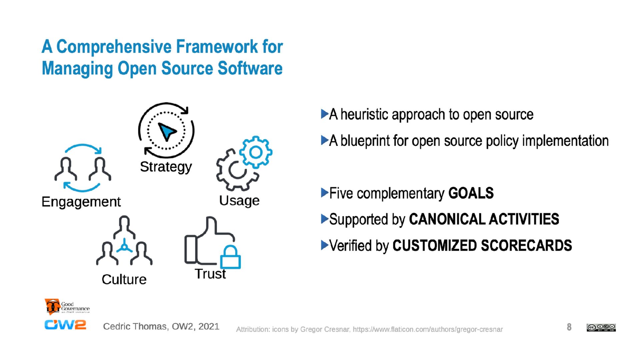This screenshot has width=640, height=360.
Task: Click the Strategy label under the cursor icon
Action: point(166,167)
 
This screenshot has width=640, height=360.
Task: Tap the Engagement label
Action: point(81,202)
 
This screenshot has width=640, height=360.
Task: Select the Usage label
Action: point(239,200)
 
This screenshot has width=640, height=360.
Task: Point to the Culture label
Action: point(124,279)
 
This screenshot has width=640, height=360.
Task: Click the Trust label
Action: point(210,274)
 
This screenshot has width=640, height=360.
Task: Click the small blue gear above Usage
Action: point(256,152)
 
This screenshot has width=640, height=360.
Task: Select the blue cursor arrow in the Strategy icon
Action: point(167,131)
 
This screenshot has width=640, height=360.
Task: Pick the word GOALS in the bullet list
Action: point(471,193)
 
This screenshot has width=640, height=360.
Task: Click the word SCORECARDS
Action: point(526,246)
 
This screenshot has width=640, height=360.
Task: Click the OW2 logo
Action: point(65,325)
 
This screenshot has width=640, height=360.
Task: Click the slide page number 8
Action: point(569,327)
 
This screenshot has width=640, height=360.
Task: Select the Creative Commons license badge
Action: point(601,328)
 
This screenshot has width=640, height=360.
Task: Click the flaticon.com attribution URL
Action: point(428,329)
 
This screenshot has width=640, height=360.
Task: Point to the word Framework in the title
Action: point(217,47)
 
